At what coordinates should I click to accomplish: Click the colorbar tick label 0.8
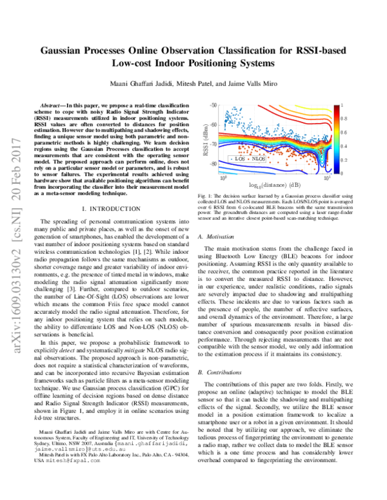[344, 119]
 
